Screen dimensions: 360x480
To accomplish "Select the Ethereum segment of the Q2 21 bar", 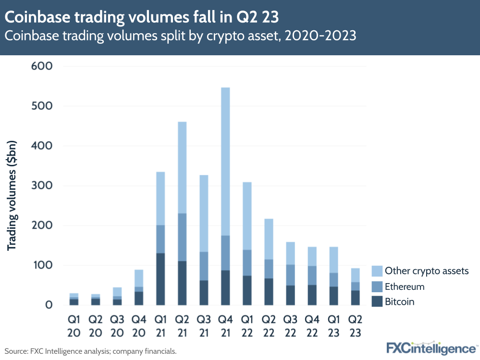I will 182,237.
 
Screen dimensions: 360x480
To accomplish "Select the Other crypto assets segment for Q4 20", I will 139,278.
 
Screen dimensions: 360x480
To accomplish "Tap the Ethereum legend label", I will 405,286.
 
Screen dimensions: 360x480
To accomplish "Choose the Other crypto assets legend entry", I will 426,271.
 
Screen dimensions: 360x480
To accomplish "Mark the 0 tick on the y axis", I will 49,305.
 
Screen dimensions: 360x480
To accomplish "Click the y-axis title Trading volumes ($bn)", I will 12,196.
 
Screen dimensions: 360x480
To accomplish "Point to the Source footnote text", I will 90,351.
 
